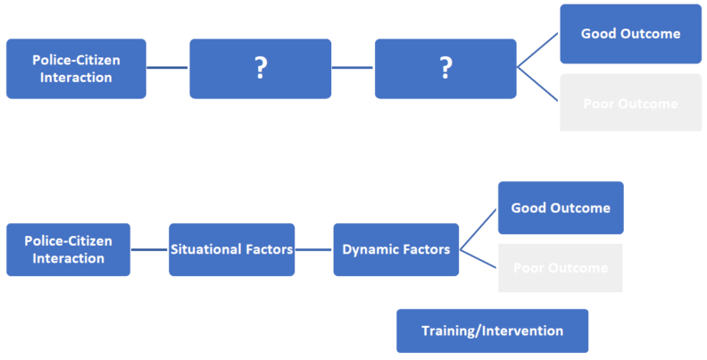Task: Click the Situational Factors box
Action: pyautogui.click(x=232, y=249)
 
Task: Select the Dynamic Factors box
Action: pyautogui.click(x=396, y=249)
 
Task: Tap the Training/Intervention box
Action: pyautogui.click(x=492, y=331)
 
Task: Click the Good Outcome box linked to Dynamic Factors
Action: pyautogui.click(x=561, y=208)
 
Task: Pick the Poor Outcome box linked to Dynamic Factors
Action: pyautogui.click(x=560, y=268)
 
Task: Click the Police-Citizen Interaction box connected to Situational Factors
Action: pyautogui.click(x=68, y=249)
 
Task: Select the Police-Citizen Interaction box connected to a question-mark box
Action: pyautogui.click(x=76, y=68)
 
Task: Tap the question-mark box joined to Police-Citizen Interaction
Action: pyautogui.click(x=260, y=68)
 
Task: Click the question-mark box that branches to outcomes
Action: pyautogui.click(x=445, y=68)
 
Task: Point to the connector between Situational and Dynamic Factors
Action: pyautogui.click(x=314, y=250)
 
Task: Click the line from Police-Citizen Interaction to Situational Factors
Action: pyautogui.click(x=150, y=250)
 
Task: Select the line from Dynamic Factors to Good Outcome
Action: pyautogui.click(x=479, y=229)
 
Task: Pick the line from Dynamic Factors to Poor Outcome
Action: pyautogui.click(x=479, y=259)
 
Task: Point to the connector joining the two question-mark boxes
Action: pyautogui.click(x=353, y=68)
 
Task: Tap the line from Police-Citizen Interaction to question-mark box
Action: pyautogui.click(x=168, y=68)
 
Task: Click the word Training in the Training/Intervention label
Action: pyautogui.click(x=449, y=331)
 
